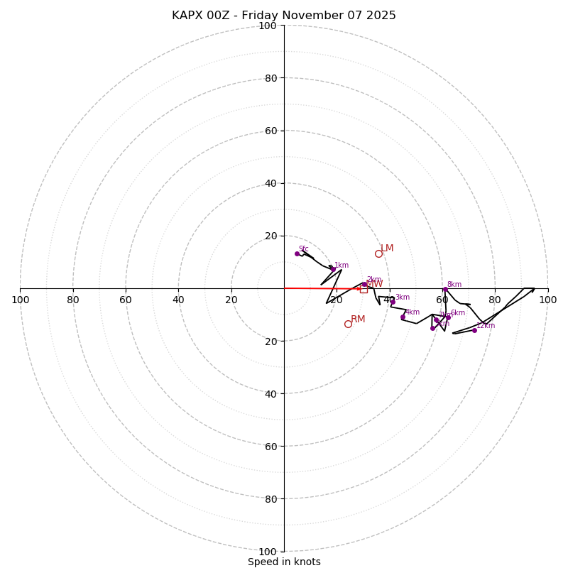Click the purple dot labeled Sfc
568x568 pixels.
tap(297, 253)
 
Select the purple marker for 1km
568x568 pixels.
tap(333, 269)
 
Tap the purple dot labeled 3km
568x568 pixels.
tap(393, 302)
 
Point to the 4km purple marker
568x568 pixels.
tap(403, 317)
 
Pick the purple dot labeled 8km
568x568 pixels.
tap(445, 289)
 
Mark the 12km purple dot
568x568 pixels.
tap(474, 330)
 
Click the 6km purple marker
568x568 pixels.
tap(448, 317)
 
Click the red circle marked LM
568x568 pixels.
tap(378, 253)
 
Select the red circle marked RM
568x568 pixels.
tap(348, 324)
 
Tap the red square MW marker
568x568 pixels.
tap(364, 289)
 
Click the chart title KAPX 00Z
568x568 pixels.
tap(284, 16)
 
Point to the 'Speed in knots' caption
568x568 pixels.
tap(284, 562)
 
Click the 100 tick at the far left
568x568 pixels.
tap(20, 300)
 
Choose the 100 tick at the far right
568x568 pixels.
tap(547, 300)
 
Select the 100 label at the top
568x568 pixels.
tap(268, 26)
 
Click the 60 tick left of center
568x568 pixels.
tap(126, 300)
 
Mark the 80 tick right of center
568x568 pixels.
tap(495, 300)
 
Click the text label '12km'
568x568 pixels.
tap(486, 326)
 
